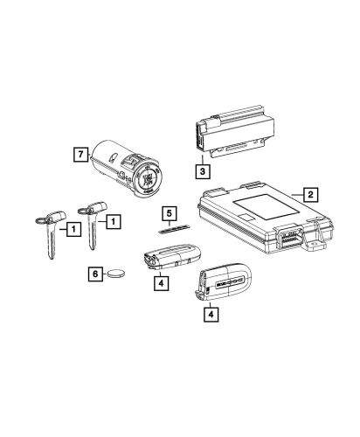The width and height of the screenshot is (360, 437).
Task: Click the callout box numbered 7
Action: [80, 155]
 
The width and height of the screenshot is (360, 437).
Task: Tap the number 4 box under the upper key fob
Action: [161, 282]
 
